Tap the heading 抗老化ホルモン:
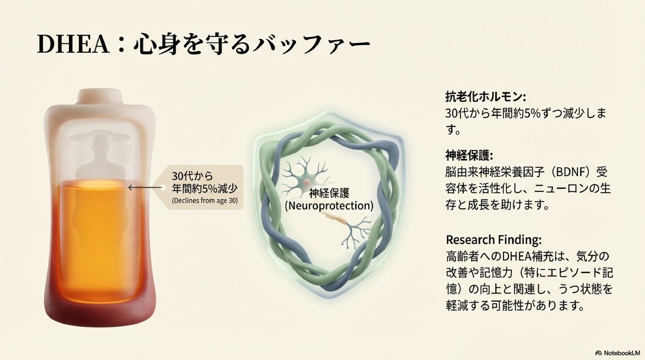(486, 97)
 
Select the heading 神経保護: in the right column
(469, 155)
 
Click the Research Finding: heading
(494, 239)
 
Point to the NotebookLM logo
(618, 353)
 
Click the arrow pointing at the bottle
(145, 187)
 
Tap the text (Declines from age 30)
(205, 201)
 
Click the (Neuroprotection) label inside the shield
(329, 206)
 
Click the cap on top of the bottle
(100, 96)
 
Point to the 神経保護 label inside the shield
(329, 193)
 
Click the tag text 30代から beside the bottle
(192, 175)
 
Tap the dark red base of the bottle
(100, 313)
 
